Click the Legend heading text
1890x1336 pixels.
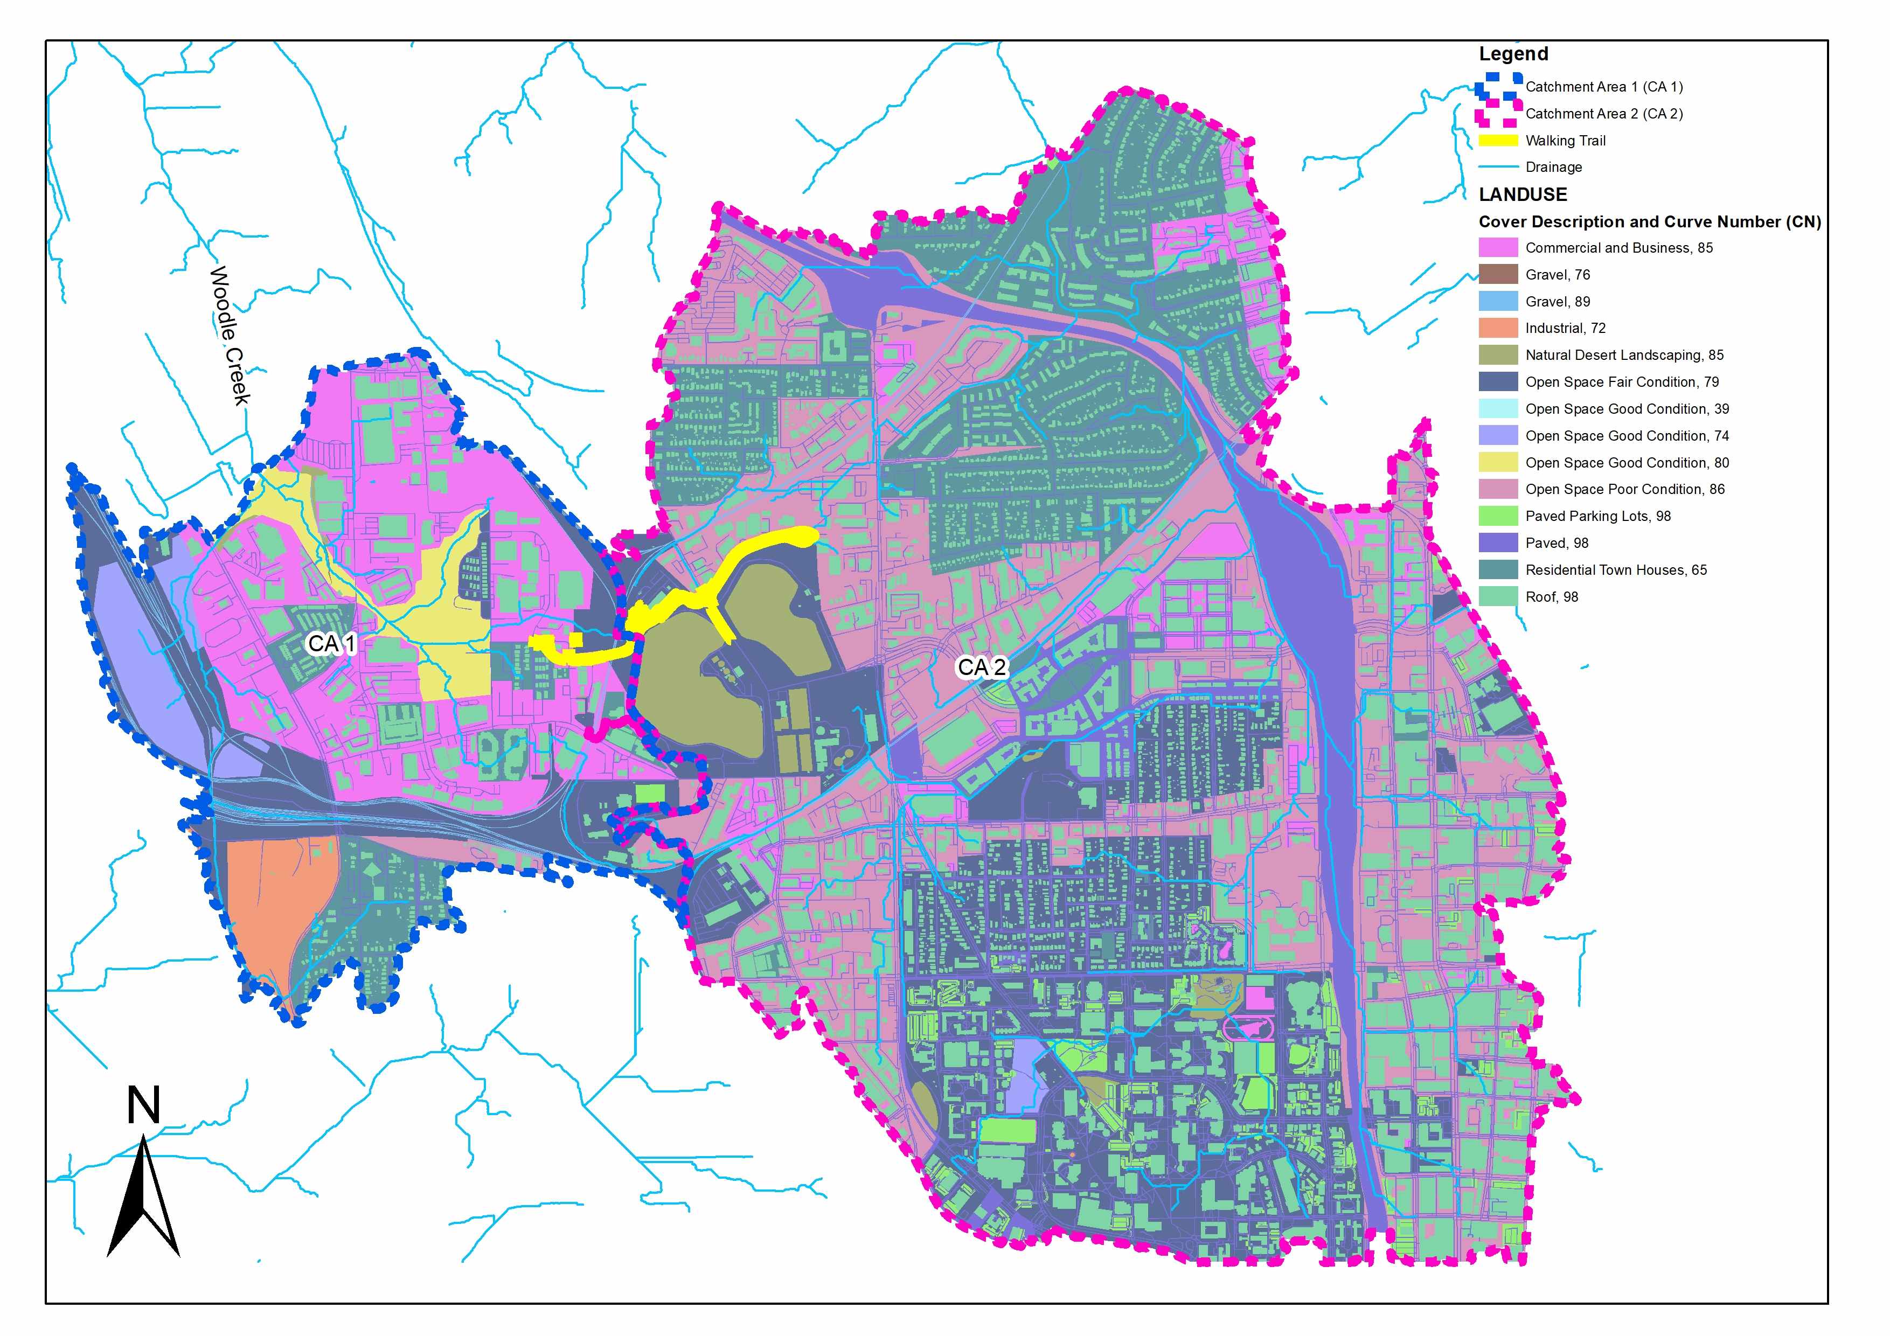click(x=1513, y=54)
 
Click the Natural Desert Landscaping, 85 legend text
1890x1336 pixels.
click(x=1623, y=355)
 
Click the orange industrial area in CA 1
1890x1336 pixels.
click(x=276, y=906)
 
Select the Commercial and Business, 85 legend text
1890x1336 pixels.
click(x=1618, y=248)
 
